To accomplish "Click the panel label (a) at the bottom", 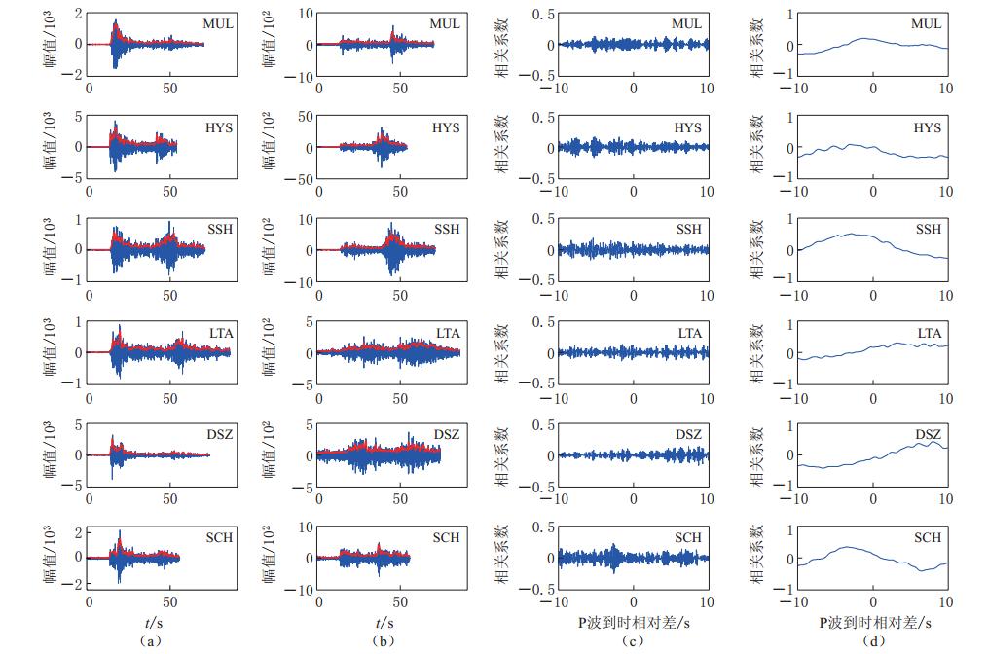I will tap(147, 642).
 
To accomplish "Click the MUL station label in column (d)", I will tap(927, 24).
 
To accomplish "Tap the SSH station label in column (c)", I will tap(688, 230).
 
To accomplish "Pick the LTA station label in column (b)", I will tap(447, 334).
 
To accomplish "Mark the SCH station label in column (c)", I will tap(688, 538).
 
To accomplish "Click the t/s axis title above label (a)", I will tap(147, 622).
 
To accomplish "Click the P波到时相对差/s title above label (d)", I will tap(873, 622).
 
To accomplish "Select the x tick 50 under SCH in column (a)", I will tap(169, 601).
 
